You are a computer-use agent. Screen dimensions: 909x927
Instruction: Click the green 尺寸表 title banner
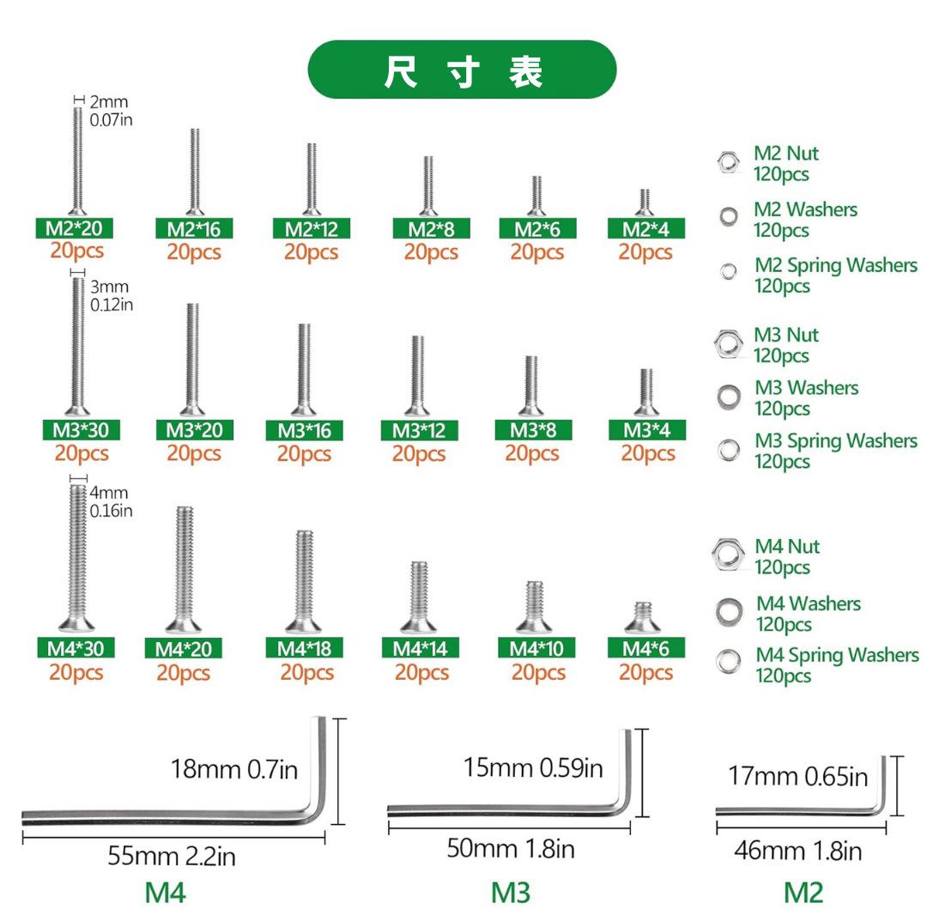click(x=462, y=70)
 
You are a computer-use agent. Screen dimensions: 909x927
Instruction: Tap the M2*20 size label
click(x=75, y=228)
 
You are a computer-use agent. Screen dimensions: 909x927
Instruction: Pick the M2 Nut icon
click(x=728, y=161)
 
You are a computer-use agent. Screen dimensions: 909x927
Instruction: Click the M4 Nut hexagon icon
click(x=728, y=554)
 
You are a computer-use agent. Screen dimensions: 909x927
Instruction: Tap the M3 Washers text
click(x=806, y=388)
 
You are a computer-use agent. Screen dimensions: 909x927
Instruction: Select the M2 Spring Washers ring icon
click(x=728, y=271)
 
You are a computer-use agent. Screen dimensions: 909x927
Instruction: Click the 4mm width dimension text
click(x=109, y=493)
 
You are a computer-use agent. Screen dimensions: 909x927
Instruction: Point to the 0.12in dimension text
click(x=112, y=305)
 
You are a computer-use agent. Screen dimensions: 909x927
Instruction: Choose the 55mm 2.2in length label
click(x=172, y=856)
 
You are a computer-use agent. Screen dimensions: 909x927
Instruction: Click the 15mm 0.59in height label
click(x=533, y=767)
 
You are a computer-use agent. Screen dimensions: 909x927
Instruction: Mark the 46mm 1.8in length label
click(x=797, y=851)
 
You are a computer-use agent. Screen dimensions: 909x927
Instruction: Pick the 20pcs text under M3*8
click(x=531, y=453)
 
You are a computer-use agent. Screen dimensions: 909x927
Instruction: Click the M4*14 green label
click(x=421, y=648)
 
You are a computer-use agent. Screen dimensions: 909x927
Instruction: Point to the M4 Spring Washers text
click(x=837, y=655)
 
